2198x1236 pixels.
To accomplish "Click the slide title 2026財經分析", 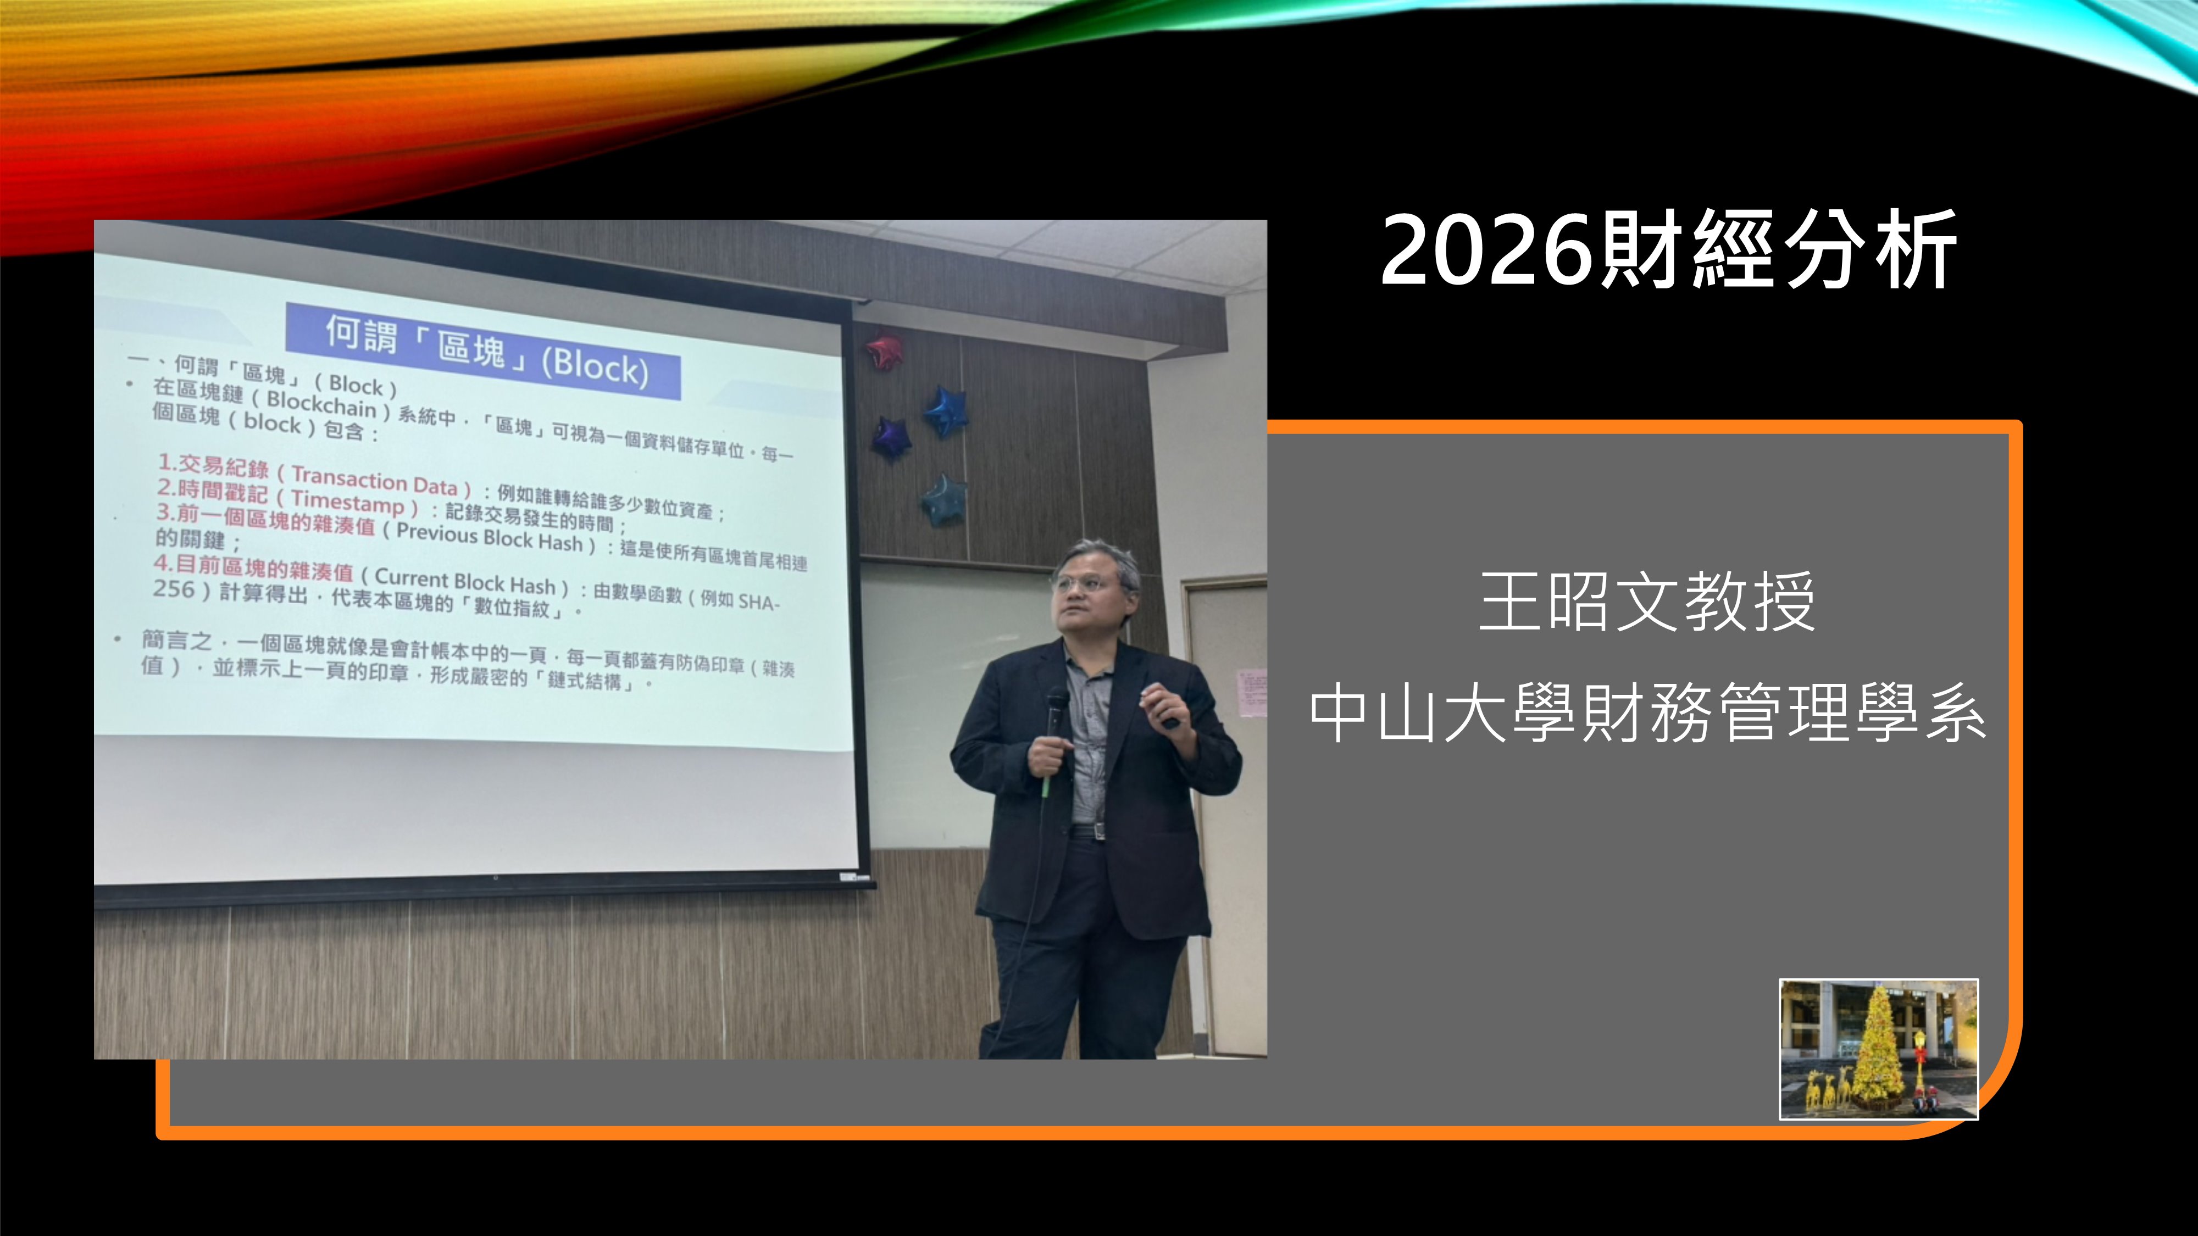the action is coord(1668,250).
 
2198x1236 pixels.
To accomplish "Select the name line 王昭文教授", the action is coord(1647,602).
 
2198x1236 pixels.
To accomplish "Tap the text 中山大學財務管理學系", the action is coord(1647,713).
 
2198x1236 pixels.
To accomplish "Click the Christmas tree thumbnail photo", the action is coord(1878,1048).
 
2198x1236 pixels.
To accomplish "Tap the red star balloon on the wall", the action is coord(884,350).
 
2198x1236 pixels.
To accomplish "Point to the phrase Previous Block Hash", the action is coord(489,537).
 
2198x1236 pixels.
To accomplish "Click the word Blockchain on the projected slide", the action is coord(321,403).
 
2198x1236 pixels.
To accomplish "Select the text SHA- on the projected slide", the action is coord(758,602).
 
